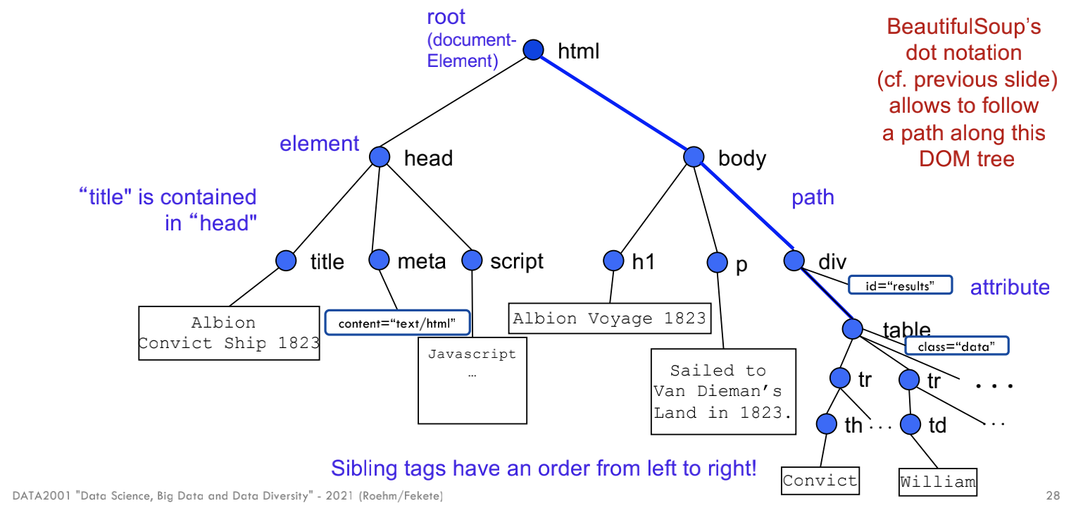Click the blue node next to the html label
pyautogui.click(x=534, y=50)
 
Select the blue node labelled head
pyautogui.click(x=380, y=157)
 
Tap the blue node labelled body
pyautogui.click(x=694, y=157)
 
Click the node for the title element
pyautogui.click(x=286, y=261)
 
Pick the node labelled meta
pyautogui.click(x=380, y=260)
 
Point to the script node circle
pyautogui.click(x=472, y=260)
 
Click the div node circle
pyautogui.click(x=794, y=261)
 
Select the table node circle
pyautogui.click(x=852, y=328)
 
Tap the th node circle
pyautogui.click(x=827, y=424)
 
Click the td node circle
pyautogui.click(x=910, y=424)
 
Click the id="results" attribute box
pyautogui.click(x=900, y=285)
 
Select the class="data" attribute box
pyautogui.click(x=956, y=346)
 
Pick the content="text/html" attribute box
pyautogui.click(x=397, y=323)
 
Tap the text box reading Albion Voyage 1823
pyautogui.click(x=609, y=318)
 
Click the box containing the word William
pyautogui.click(x=938, y=482)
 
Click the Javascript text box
pyautogui.click(x=472, y=380)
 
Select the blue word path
pyautogui.click(x=813, y=198)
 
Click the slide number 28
pyautogui.click(x=1053, y=497)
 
